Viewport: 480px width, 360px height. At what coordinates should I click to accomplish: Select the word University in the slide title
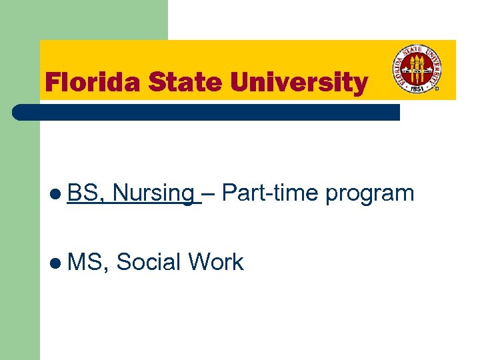pos(298,83)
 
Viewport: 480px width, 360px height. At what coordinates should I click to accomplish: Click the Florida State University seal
pos(417,69)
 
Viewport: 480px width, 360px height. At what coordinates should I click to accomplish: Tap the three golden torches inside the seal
pos(417,67)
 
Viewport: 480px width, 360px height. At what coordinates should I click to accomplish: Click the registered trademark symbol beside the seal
pos(437,87)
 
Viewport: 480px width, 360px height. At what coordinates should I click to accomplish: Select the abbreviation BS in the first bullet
pos(84,193)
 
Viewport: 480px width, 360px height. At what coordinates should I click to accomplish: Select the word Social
pos(148,262)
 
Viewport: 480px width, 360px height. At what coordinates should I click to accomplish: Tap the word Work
pos(216,262)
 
